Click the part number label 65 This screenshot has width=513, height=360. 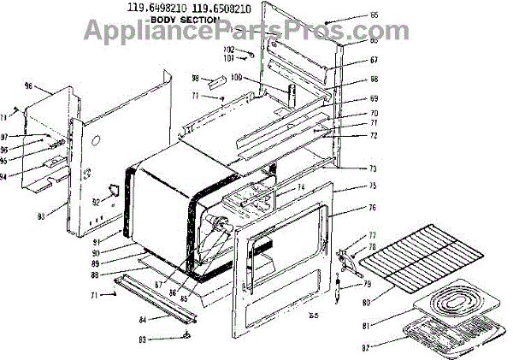(374, 15)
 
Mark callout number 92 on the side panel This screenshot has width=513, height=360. (97, 203)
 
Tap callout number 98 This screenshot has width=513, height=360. (195, 78)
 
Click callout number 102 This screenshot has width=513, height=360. (229, 50)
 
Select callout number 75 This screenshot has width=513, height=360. (374, 186)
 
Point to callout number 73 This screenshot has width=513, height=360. (374, 168)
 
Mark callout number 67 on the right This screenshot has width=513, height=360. (374, 60)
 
